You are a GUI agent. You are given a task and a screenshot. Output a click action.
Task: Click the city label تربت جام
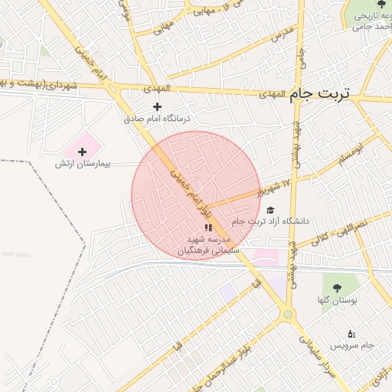318,93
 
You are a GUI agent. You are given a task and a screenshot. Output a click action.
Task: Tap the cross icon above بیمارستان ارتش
83,152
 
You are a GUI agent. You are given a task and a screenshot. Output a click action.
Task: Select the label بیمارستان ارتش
83,164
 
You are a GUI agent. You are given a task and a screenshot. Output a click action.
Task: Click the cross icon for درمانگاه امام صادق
158,107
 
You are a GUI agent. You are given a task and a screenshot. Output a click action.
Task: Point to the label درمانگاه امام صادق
158,119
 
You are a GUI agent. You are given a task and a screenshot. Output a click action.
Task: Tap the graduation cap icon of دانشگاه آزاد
269,210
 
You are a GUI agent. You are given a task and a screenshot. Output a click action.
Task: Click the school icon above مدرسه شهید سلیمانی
208,227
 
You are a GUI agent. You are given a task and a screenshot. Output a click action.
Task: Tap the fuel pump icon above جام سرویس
351,333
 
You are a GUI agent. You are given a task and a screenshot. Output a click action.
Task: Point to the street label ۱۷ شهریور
276,187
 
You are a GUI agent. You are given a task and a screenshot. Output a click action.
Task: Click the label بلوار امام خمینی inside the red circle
187,191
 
